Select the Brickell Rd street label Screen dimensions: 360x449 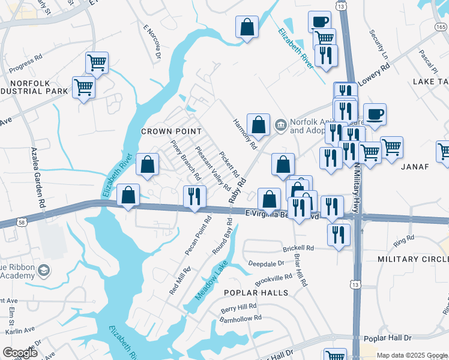298,248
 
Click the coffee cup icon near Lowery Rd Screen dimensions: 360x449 375,114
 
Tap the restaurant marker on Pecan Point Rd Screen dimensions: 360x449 194,196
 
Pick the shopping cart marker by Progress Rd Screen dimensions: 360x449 97,62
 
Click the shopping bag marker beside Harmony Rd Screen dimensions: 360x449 258,125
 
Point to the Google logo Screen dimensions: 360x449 20,353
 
